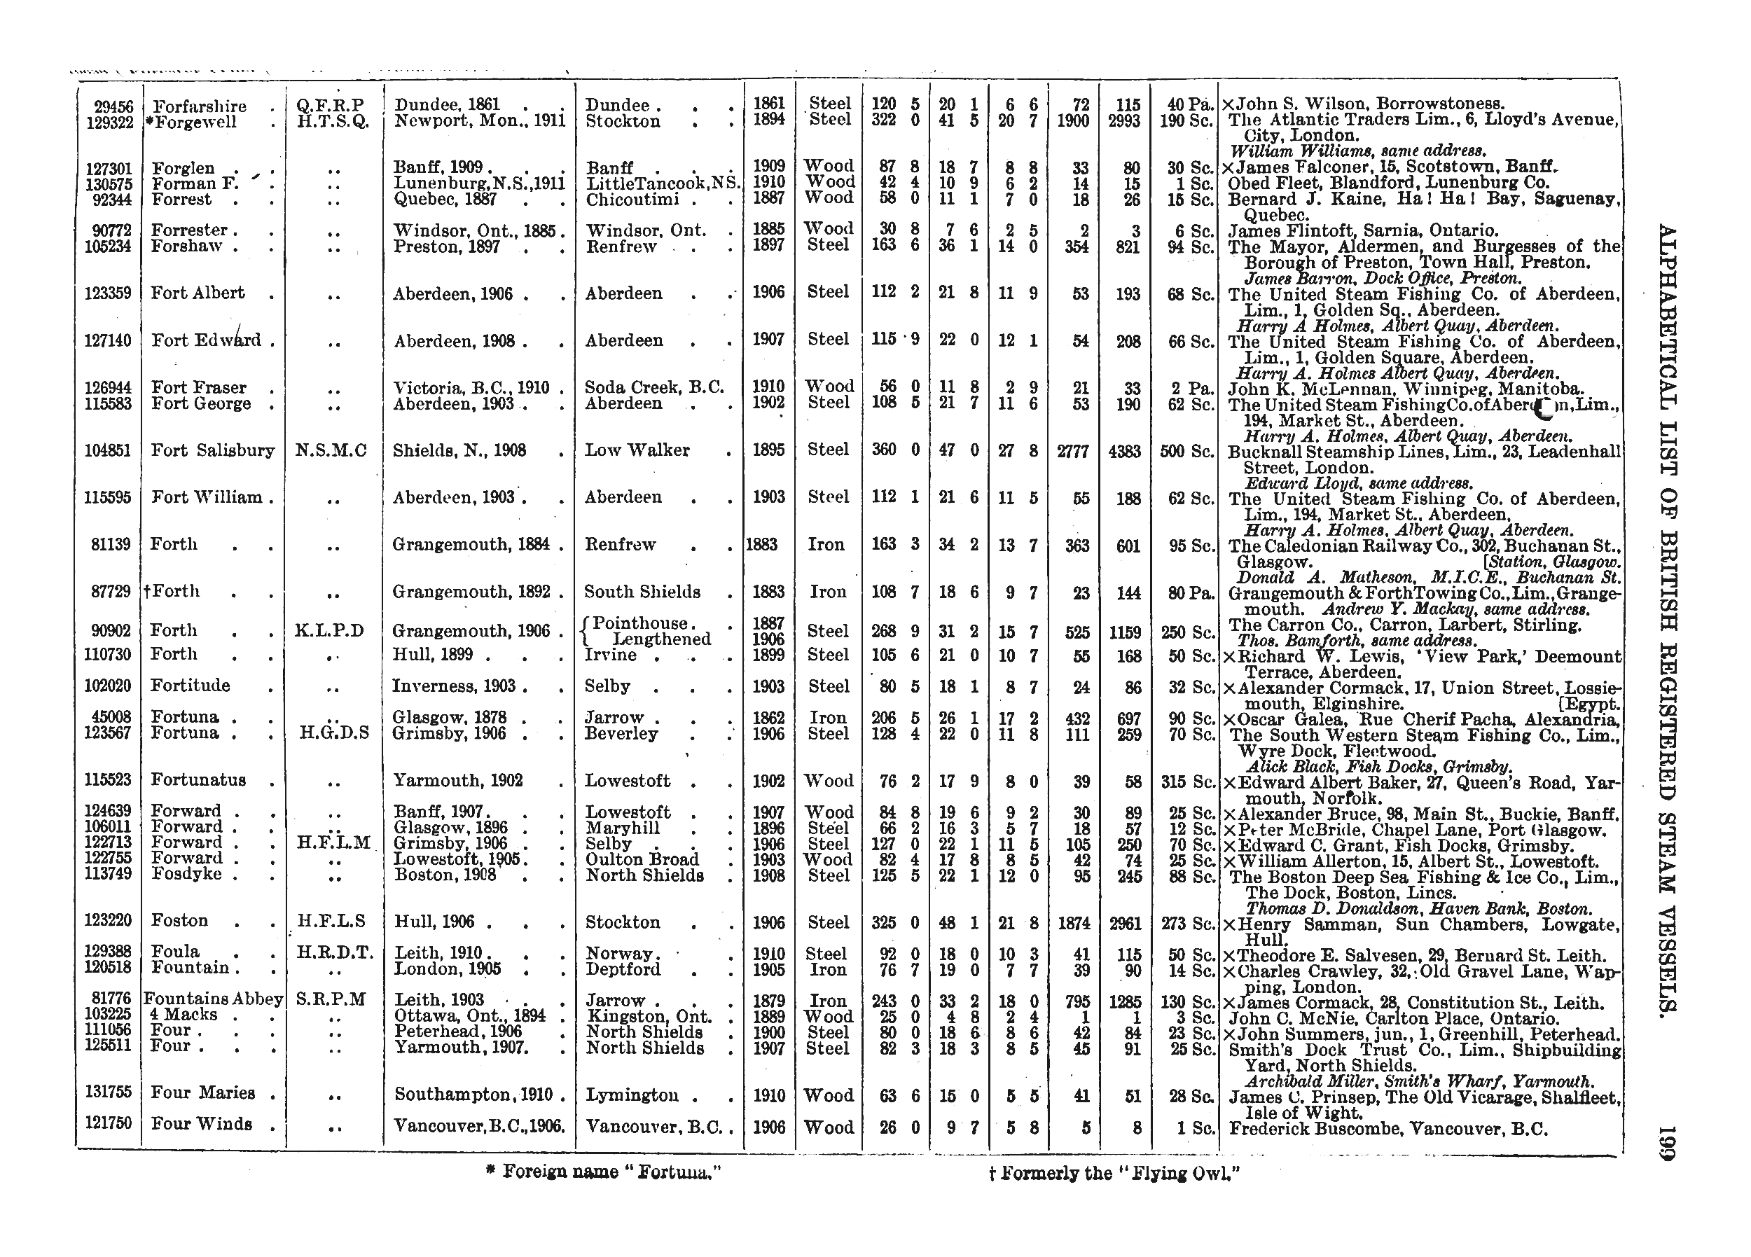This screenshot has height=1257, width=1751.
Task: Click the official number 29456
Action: click(x=113, y=106)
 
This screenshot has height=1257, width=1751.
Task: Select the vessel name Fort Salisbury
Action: click(x=212, y=450)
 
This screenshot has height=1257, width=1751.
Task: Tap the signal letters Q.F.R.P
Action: click(x=330, y=105)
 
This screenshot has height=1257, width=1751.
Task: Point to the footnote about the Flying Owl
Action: click(x=1114, y=1174)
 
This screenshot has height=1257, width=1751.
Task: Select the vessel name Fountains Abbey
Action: click(x=213, y=999)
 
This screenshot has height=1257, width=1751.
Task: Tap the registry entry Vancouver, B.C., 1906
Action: click(x=478, y=1127)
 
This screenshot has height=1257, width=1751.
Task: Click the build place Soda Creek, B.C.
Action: click(x=654, y=387)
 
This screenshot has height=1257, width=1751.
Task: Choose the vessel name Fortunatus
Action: click(x=198, y=780)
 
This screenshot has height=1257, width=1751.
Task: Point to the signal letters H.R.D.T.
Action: click(x=334, y=953)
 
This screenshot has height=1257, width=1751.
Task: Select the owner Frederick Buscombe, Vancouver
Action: click(x=1388, y=1129)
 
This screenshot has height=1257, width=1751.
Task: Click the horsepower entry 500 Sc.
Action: click(x=1186, y=451)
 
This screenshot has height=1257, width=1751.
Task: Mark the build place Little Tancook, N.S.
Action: click(x=663, y=183)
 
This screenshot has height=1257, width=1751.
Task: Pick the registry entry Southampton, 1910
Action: click(x=472, y=1094)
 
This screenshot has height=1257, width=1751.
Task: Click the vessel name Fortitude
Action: click(x=190, y=686)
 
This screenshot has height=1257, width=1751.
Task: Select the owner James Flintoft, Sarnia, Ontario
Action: click(x=1364, y=230)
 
